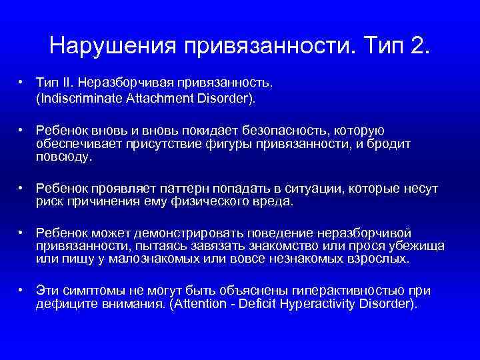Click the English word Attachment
click(153, 98)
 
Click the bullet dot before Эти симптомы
click(22, 291)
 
